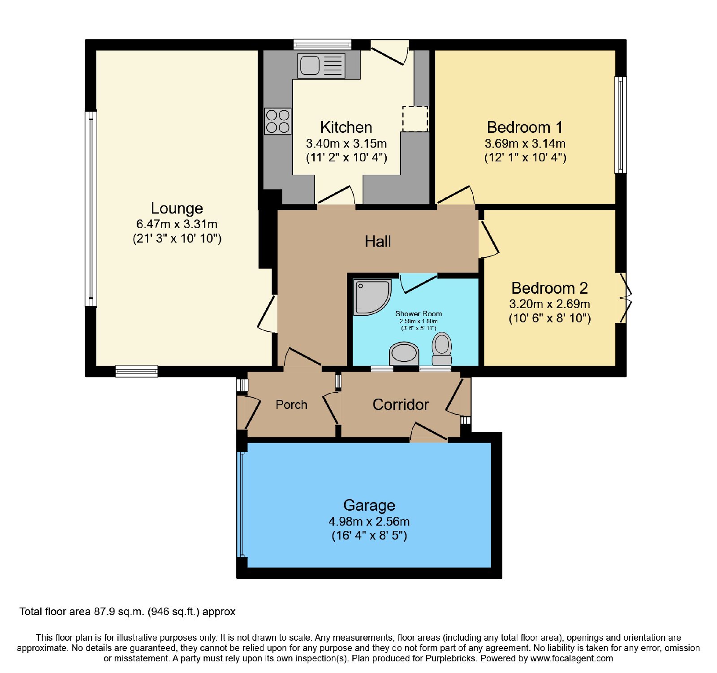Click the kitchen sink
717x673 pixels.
point(321,66)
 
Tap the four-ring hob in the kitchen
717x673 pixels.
point(278,121)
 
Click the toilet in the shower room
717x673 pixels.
point(442,349)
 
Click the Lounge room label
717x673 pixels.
point(177,208)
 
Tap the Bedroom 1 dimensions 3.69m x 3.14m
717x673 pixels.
point(525,144)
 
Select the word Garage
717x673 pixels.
point(369,505)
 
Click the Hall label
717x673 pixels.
point(378,242)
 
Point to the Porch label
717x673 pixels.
point(291,405)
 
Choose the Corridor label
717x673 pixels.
point(401,404)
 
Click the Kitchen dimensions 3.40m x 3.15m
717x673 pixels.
point(346,144)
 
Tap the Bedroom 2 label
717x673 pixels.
point(549,288)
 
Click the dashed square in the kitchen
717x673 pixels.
point(415,119)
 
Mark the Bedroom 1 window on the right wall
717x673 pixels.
point(621,125)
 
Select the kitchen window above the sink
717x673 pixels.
point(323,44)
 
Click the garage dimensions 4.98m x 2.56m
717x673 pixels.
point(369,522)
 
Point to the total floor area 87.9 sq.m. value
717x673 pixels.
point(119,612)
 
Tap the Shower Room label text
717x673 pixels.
point(419,314)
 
